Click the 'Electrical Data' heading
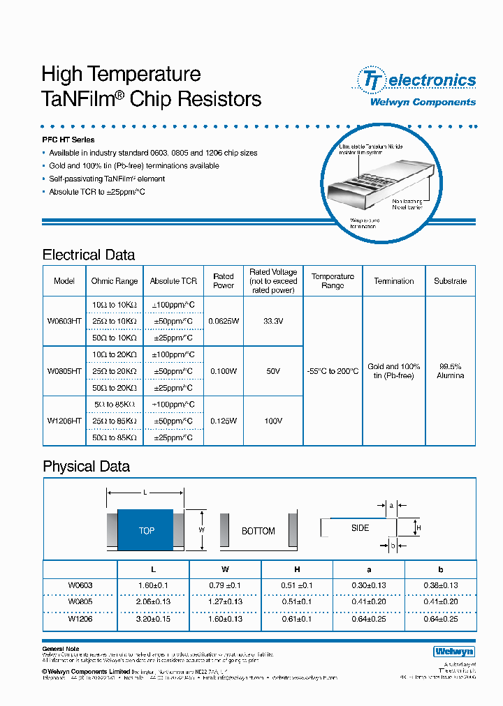point(89,255)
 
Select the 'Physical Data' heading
point(86,466)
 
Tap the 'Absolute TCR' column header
point(173,281)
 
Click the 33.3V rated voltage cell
point(273,322)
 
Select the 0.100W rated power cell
point(223,371)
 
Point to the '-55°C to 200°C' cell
point(333,371)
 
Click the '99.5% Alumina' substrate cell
point(450,371)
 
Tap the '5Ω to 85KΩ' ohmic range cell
point(115,404)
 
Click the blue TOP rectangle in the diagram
point(145,531)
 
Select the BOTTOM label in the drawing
point(258,531)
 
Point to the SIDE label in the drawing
point(360,528)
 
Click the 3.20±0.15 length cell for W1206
point(154,618)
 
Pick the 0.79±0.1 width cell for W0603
point(225,585)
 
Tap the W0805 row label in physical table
point(80,601)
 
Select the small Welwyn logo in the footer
point(453,651)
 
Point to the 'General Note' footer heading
point(63,649)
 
